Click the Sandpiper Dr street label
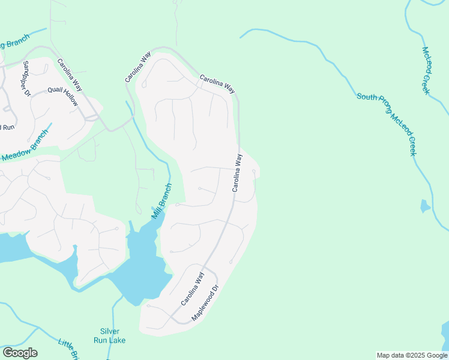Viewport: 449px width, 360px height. point(26,79)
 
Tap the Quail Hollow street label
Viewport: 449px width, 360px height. point(63,96)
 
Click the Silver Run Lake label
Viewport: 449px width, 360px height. point(110,335)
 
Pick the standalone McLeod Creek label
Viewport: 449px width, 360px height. point(426,70)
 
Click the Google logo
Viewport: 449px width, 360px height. point(20,353)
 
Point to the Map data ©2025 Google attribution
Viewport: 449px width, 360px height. point(412,355)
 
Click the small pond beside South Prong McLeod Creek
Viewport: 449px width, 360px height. point(425,206)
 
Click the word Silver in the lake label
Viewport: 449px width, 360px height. point(110,331)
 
